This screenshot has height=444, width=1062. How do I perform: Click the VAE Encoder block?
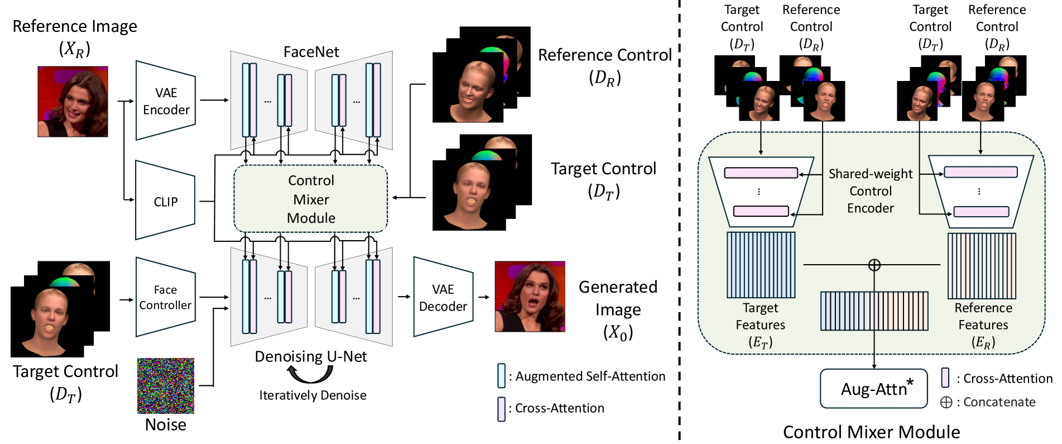(x=166, y=101)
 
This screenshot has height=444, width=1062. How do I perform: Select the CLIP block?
(x=166, y=202)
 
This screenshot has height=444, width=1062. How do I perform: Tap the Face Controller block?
(x=166, y=297)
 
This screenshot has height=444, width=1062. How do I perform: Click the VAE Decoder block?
(x=443, y=298)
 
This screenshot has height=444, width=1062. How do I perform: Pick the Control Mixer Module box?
(x=311, y=199)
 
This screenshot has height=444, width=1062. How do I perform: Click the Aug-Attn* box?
(x=873, y=388)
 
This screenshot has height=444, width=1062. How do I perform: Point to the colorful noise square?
(x=166, y=386)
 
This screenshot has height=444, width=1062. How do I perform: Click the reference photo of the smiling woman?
(x=73, y=102)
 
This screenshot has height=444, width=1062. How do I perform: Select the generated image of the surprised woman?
(x=530, y=297)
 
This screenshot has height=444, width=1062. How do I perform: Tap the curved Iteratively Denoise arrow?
(x=310, y=375)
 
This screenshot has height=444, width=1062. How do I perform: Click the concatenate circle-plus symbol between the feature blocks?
(x=874, y=265)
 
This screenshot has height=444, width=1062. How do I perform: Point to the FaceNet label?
(x=311, y=52)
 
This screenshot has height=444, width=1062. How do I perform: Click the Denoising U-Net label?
(x=311, y=356)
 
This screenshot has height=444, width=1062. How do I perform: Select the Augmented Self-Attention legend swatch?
(x=501, y=376)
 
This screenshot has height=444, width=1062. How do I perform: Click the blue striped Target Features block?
(x=761, y=265)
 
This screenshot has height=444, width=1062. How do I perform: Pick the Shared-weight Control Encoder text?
(x=871, y=191)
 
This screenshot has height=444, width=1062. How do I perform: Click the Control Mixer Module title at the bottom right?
(x=871, y=432)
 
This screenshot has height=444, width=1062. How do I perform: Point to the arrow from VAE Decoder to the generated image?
(x=483, y=297)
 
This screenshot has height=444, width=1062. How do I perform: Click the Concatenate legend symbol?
(x=946, y=402)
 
